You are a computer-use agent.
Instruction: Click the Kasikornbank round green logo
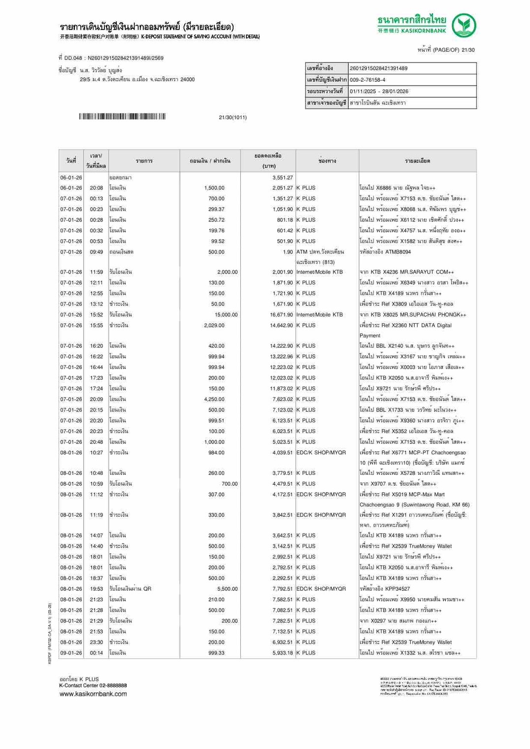point(464,26)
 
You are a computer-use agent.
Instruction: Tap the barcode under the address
point(122,117)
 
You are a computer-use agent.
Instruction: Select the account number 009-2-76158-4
point(367,80)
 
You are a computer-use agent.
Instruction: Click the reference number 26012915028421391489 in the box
point(378,68)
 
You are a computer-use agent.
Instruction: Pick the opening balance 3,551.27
point(282,178)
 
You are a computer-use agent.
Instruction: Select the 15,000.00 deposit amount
point(226,315)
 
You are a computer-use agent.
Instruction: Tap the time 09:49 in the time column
point(97,252)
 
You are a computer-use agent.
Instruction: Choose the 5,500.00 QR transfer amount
point(227,589)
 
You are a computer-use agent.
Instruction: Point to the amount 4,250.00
point(214,400)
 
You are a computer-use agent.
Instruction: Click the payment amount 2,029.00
point(214,325)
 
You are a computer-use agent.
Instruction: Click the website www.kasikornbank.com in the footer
point(93,694)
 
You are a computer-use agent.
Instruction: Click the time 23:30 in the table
point(97,642)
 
